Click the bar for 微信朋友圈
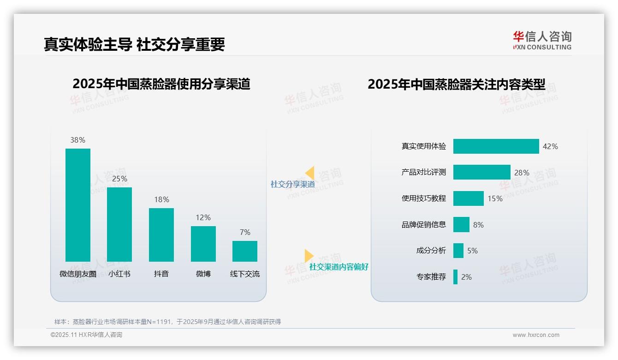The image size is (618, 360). tap(78, 205)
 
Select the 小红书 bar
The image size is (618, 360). tap(119, 224)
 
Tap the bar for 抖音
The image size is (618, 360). tap(161, 234)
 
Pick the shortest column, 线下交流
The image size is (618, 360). tap(245, 251)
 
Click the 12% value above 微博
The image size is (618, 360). tap(203, 217)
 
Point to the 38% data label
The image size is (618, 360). tap(77, 140)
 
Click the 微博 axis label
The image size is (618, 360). tap(203, 274)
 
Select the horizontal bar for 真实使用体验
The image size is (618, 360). tap(496, 146)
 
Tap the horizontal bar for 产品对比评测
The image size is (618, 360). tap(481, 172)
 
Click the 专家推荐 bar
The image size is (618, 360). tap(455, 277)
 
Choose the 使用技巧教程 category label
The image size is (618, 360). tap(423, 198)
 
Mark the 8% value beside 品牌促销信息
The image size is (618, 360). tap(478, 225)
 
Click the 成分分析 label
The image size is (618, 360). tap(431, 251)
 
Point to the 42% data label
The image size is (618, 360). tap(550, 146)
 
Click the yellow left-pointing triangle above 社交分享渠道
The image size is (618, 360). tap(310, 173)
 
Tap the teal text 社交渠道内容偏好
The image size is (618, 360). tap(339, 267)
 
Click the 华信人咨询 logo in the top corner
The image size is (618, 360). tap(542, 40)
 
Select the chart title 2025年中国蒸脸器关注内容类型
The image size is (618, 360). tap(456, 84)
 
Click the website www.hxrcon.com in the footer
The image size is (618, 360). tap(535, 335)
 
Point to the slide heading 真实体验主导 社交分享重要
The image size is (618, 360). tap(134, 44)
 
